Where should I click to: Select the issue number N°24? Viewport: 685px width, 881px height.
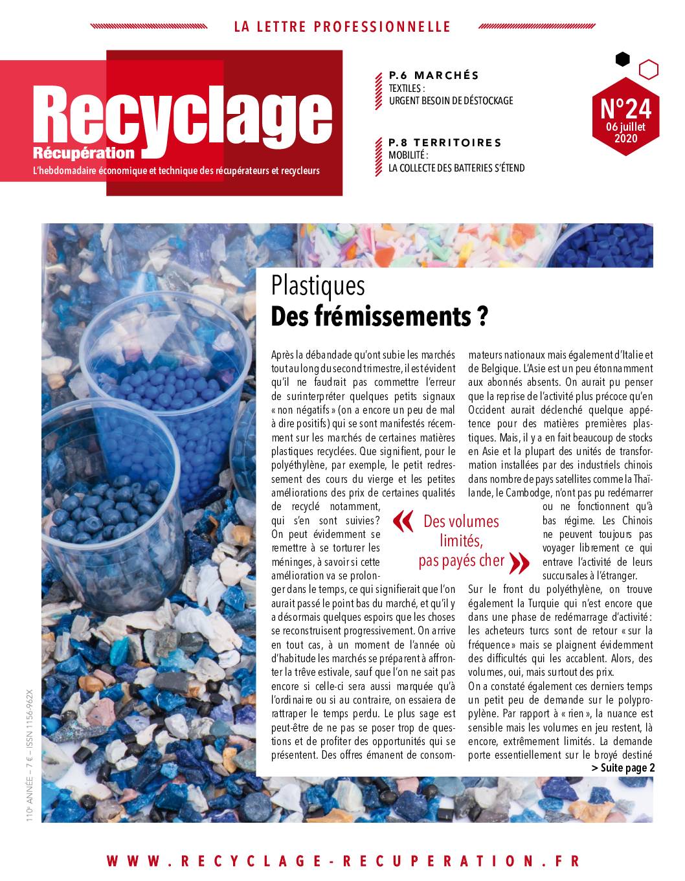[626, 107]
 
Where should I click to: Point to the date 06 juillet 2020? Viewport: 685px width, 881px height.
[626, 132]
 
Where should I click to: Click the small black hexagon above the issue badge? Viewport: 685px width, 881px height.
[622, 60]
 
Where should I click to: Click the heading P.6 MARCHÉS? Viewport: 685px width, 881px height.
[434, 75]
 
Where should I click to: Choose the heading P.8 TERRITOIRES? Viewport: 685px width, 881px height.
[445, 142]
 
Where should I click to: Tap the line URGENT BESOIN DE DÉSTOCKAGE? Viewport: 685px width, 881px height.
[451, 100]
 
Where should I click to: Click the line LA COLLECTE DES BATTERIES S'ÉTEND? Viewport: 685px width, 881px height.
[456, 168]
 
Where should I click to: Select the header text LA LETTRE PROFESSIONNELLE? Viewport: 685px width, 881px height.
[342, 27]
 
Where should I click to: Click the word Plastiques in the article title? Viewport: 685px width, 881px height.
[319, 285]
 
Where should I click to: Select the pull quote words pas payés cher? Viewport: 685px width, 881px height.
[461, 561]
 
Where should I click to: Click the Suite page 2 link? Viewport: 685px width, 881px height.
[623, 768]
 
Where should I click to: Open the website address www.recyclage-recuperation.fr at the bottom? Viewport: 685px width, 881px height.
[342, 861]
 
